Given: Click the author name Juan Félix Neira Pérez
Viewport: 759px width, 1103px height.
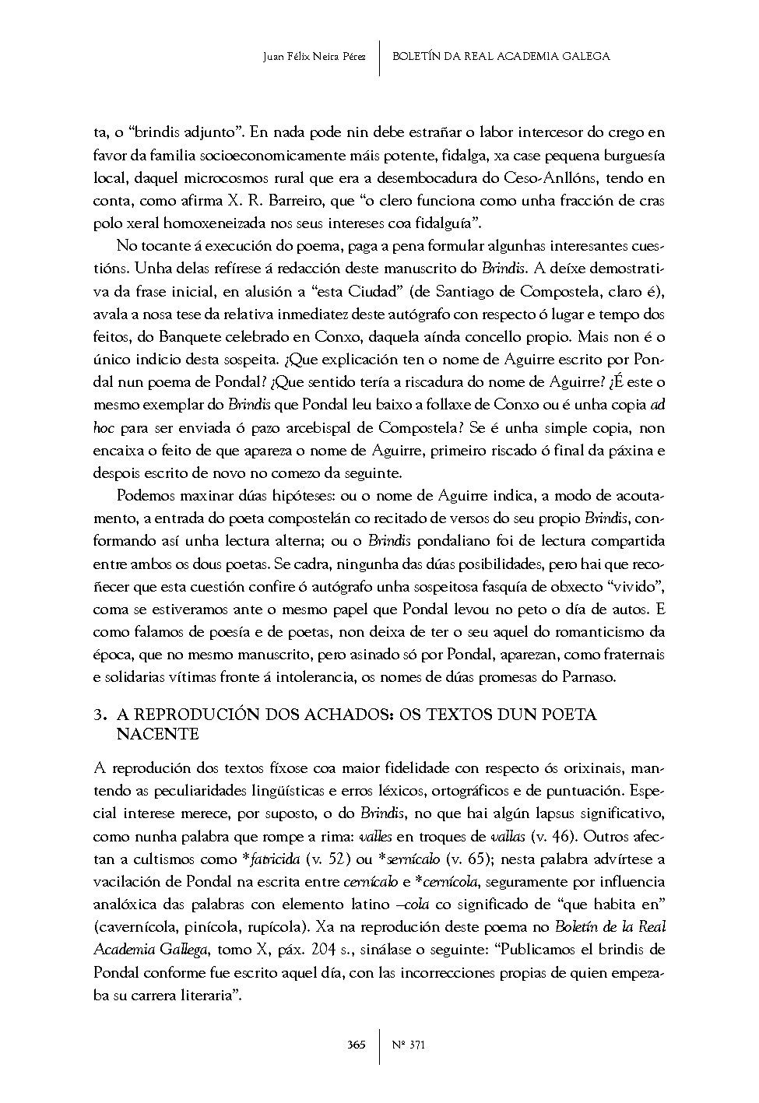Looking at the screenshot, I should click(x=315, y=57).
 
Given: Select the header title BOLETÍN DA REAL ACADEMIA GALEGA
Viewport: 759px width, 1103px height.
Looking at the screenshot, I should click(x=501, y=57).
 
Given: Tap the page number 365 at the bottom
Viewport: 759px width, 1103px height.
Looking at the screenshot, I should click(x=357, y=1045).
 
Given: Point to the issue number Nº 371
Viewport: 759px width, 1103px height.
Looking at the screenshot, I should click(x=408, y=1045).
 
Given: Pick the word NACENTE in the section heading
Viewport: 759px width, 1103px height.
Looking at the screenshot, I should click(x=157, y=734).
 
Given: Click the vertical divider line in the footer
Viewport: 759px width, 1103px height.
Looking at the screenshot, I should click(x=380, y=1045).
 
